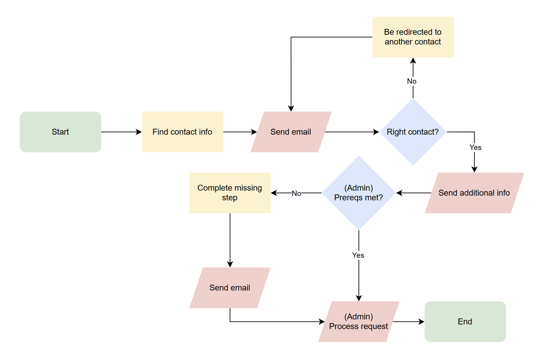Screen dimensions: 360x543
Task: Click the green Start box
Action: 60,132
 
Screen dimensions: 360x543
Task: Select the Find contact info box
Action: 182,132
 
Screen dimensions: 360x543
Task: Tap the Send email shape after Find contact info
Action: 291,132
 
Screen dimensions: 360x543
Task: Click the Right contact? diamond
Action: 413,132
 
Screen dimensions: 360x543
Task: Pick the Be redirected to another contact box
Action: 413,37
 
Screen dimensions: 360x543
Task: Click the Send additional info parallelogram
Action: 474,193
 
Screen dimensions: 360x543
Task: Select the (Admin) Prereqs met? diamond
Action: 358,193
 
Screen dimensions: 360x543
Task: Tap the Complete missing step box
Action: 230,193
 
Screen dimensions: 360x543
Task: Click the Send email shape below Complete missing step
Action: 230,288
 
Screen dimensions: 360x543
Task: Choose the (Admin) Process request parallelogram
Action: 358,321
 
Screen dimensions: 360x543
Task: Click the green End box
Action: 465,321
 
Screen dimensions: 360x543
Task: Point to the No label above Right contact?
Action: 412,81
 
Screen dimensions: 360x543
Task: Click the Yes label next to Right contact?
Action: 475,148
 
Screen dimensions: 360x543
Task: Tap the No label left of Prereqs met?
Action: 296,194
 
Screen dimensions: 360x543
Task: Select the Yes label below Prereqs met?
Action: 358,255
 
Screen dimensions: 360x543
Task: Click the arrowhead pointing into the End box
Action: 422,322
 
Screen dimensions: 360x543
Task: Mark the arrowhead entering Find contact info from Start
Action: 139,132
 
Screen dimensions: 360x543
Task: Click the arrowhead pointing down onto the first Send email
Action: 291,108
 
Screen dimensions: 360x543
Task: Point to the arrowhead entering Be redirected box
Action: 413,61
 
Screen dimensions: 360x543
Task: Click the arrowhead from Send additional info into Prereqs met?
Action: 399,193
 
